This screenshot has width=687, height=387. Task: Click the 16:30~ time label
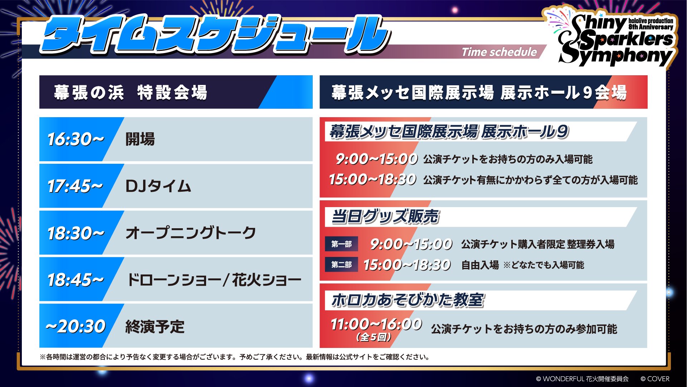[76, 139]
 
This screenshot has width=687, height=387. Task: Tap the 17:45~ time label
[75, 186]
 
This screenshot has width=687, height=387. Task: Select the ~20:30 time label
[75, 326]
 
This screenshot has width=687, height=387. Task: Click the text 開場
[140, 139]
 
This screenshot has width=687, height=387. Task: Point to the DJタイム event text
[158, 186]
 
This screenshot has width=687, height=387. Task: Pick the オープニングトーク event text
[191, 233]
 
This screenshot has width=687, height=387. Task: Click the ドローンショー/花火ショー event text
[214, 280]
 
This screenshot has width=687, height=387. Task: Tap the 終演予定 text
[155, 327]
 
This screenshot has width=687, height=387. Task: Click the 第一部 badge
[341, 244]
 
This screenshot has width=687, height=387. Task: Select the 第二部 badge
[341, 265]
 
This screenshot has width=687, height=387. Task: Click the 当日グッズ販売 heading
[385, 217]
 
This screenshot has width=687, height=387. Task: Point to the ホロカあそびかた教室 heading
[408, 300]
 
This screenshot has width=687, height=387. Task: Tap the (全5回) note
[374, 337]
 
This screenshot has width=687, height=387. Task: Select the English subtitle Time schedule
[499, 52]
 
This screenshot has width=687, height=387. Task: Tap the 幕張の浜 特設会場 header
[131, 92]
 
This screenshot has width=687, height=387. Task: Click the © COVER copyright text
[655, 379]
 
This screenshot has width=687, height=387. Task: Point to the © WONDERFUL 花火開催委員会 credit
[582, 379]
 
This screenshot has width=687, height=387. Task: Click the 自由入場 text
[480, 265]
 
